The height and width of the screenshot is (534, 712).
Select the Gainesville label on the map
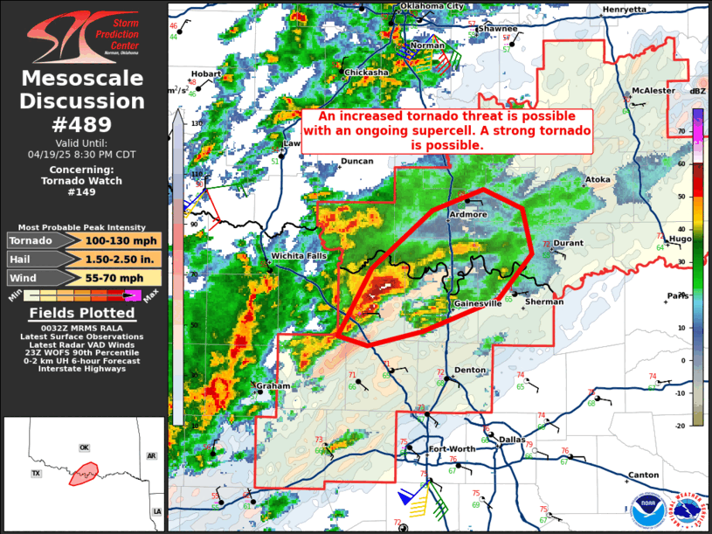tap(478, 303)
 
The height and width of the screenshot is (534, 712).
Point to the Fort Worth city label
tap(452, 449)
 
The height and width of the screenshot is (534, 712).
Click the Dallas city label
tap(511, 440)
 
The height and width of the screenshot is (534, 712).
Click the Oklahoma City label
tap(432, 6)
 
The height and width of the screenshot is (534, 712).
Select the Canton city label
tap(644, 475)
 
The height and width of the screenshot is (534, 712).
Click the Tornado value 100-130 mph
tap(122, 240)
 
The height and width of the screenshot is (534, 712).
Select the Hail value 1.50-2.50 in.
tap(122, 259)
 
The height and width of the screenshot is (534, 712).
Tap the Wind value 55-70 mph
tap(122, 277)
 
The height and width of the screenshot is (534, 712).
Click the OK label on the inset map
tap(85, 447)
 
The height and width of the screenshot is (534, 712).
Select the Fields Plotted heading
tap(83, 313)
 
